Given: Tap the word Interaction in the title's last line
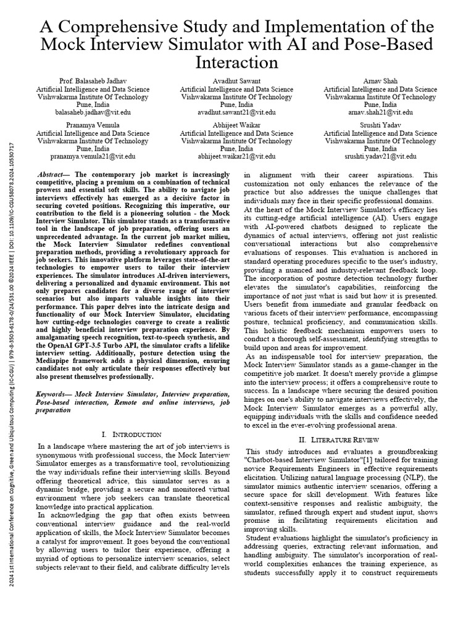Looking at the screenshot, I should coord(237,63).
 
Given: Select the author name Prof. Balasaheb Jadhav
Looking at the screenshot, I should coord(93,81).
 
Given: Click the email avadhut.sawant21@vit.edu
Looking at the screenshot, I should coord(237,112).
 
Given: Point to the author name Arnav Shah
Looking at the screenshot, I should coord(380,81).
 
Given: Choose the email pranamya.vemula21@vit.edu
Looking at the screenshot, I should coord(93,157).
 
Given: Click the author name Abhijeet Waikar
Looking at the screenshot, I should coord(237,125).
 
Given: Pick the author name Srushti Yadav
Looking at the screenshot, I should coord(380,125).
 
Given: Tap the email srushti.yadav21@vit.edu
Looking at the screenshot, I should coord(380,157).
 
